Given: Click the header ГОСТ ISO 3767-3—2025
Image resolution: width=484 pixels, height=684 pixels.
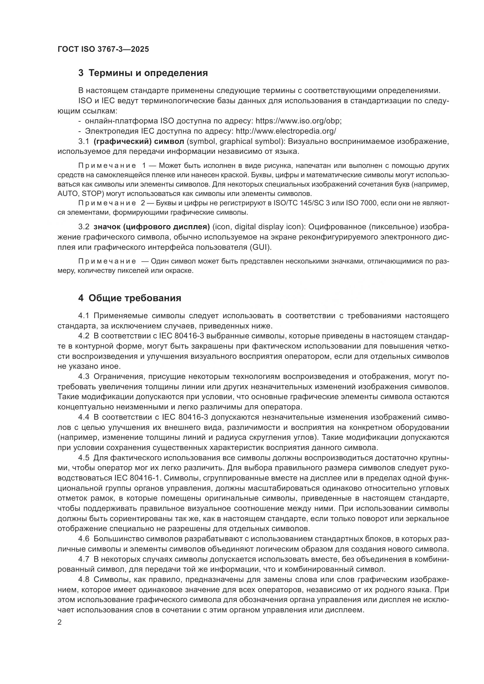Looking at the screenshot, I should click(103, 49).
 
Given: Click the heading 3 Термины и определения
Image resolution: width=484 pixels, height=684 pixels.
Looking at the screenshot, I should click(143, 73).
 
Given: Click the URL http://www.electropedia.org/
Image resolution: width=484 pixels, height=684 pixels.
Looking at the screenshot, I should click(286, 131).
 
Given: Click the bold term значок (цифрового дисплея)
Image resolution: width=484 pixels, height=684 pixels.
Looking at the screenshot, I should click(152, 227).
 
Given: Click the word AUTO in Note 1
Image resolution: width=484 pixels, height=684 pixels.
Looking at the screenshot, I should click(67, 194).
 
